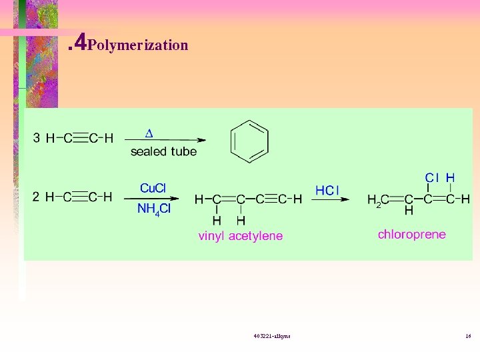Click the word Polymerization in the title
[x=138, y=45]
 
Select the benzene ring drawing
[x=249, y=141]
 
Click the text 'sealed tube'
[x=163, y=151]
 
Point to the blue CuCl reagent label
[x=153, y=188]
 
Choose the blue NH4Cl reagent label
[x=154, y=209]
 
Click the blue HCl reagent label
[x=327, y=191]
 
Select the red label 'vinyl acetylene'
[x=240, y=236]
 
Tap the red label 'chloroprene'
[x=411, y=234]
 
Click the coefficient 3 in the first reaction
[x=36, y=139]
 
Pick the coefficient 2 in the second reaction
[x=36, y=197]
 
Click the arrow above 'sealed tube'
[x=167, y=140]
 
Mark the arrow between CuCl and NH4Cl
[x=156, y=199]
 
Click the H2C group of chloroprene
[x=378, y=199]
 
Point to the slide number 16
[x=468, y=336]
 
